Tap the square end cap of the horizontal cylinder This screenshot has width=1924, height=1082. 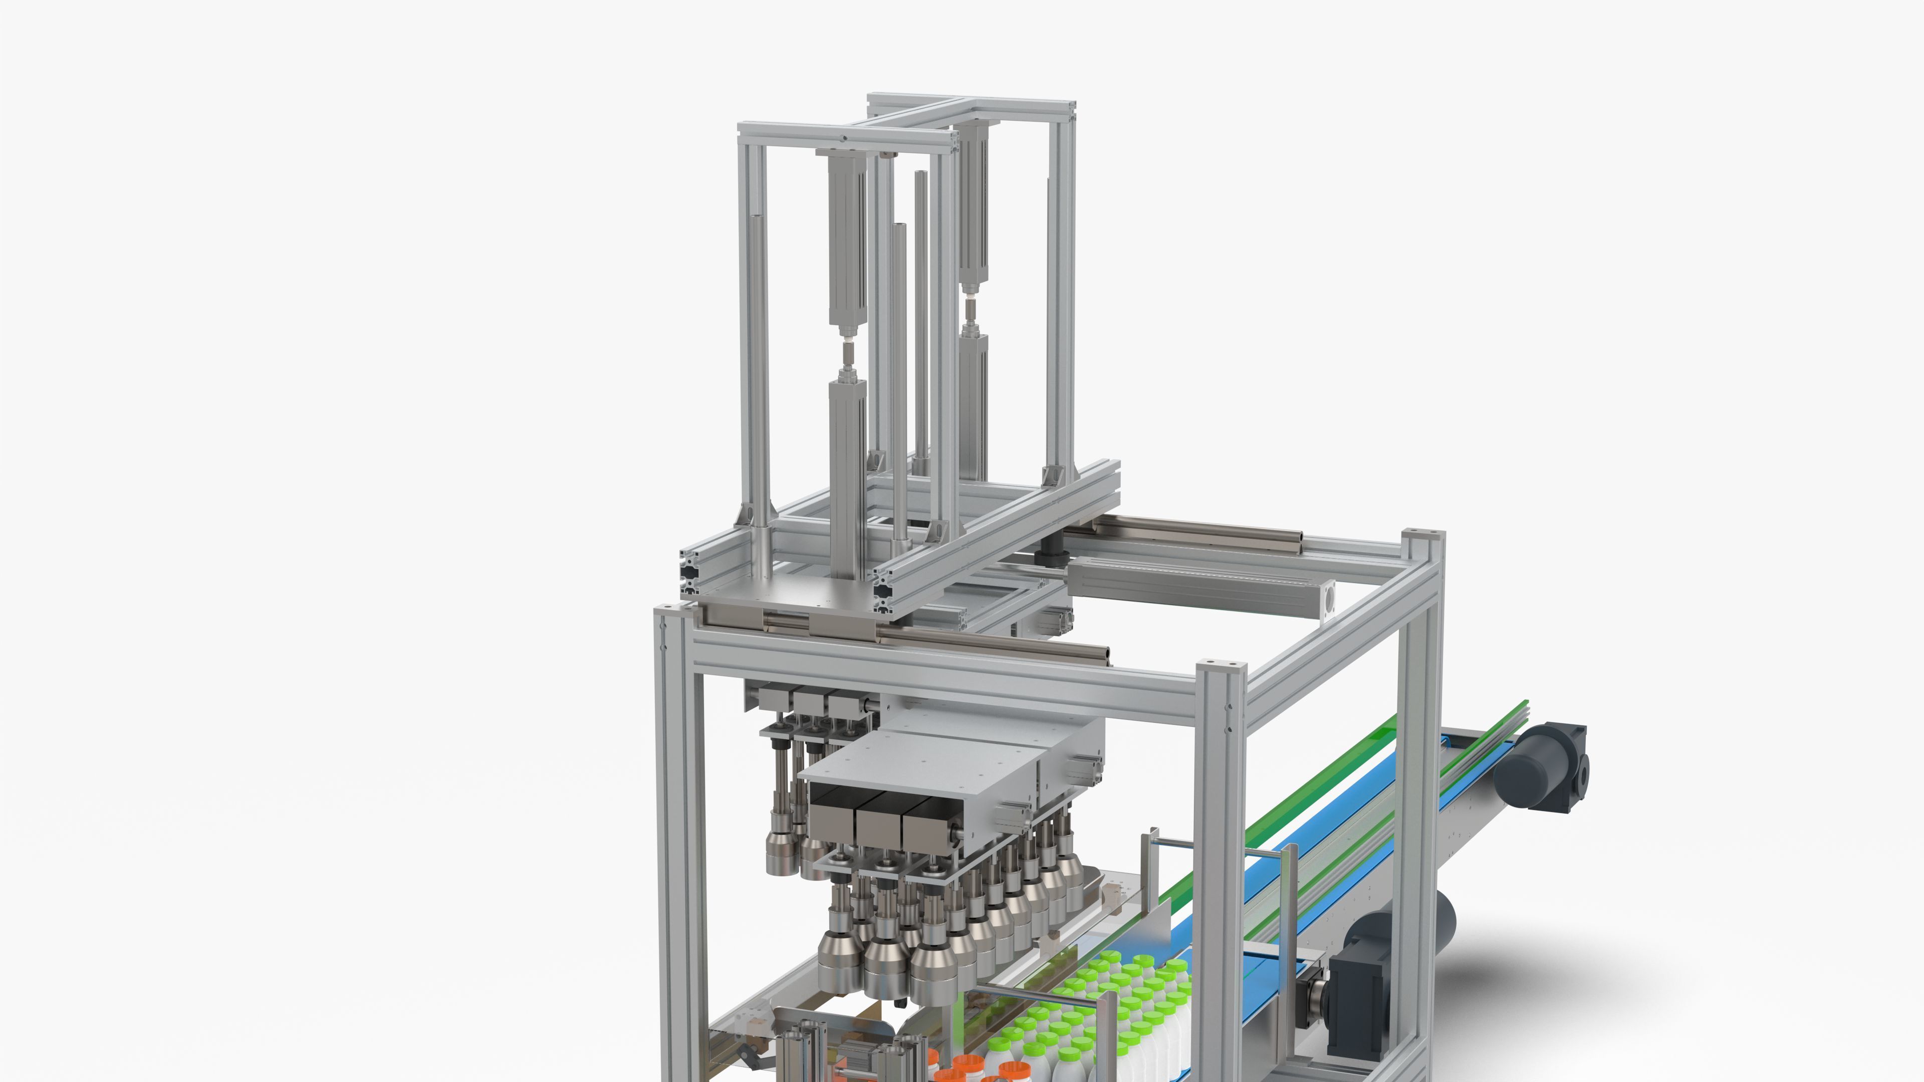[1323, 598]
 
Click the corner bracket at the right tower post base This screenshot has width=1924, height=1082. [1053, 476]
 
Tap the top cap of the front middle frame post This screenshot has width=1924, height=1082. [1221, 665]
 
